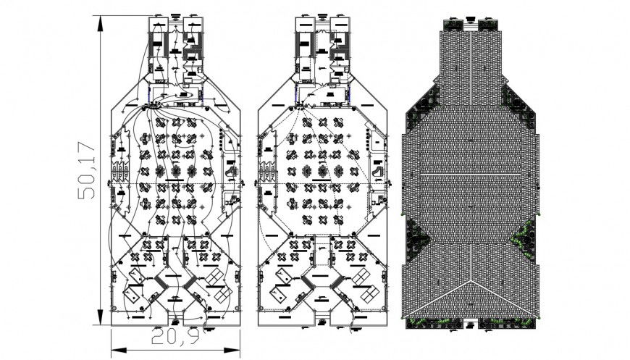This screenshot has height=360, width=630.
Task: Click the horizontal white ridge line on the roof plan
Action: [x=471, y=175]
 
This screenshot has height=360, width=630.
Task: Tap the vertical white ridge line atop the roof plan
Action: [x=471, y=65]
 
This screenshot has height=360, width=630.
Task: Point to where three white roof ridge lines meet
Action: [x=471, y=279]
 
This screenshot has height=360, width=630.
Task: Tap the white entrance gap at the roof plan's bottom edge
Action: [x=471, y=322]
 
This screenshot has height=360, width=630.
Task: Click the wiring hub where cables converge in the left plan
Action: [x=154, y=106]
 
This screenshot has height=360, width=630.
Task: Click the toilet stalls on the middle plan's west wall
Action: [x=267, y=172]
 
